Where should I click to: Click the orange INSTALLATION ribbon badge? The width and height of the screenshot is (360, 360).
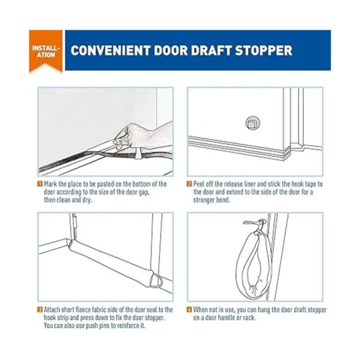point(46,51)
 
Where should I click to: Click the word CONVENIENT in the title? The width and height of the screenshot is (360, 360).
point(110,50)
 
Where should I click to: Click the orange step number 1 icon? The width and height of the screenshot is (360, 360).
point(40,184)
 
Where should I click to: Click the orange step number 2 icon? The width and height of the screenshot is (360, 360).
point(190,184)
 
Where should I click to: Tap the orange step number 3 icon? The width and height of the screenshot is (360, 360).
point(40,310)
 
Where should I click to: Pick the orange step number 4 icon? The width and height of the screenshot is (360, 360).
point(190,310)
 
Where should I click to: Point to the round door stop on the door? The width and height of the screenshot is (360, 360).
point(253,123)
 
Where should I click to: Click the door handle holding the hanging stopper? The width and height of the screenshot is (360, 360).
point(255,222)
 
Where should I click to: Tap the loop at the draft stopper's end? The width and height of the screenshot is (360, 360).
point(157,281)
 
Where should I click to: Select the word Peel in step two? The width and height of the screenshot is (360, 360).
point(199,184)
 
